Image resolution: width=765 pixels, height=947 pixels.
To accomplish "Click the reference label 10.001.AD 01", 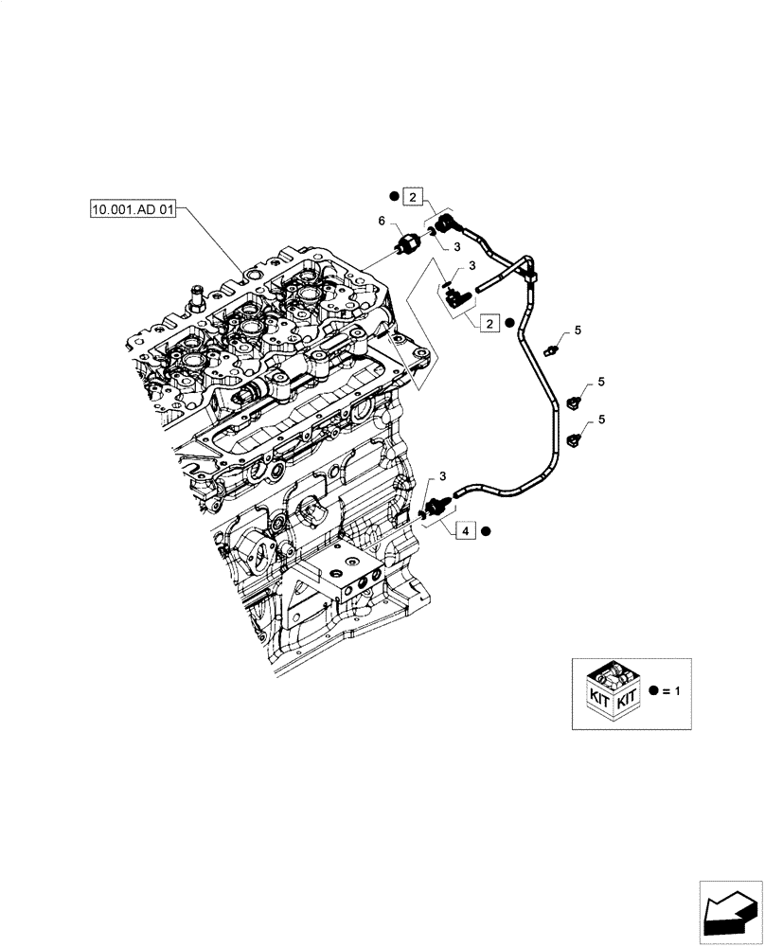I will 133,210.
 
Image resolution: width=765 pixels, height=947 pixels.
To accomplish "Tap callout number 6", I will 382,221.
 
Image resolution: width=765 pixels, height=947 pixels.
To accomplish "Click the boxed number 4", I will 468,531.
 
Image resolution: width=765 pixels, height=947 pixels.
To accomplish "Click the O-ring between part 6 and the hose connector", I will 430,230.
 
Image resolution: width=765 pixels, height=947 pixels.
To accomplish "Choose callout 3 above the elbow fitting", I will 471,266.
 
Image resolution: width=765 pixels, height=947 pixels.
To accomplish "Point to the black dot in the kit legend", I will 651,692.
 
